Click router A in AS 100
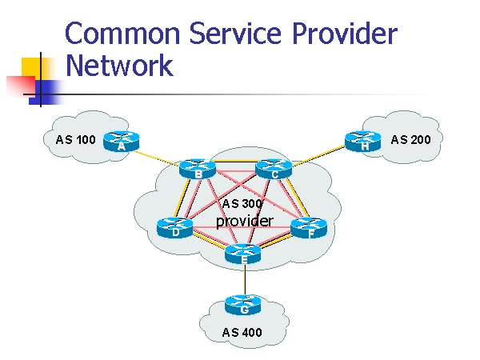(x=122, y=141)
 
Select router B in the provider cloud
(x=198, y=168)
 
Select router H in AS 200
(x=364, y=141)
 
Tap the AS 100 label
(x=76, y=140)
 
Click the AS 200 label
(x=410, y=140)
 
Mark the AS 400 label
(x=242, y=332)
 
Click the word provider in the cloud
(x=245, y=220)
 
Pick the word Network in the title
(x=119, y=65)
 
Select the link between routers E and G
(x=244, y=280)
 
